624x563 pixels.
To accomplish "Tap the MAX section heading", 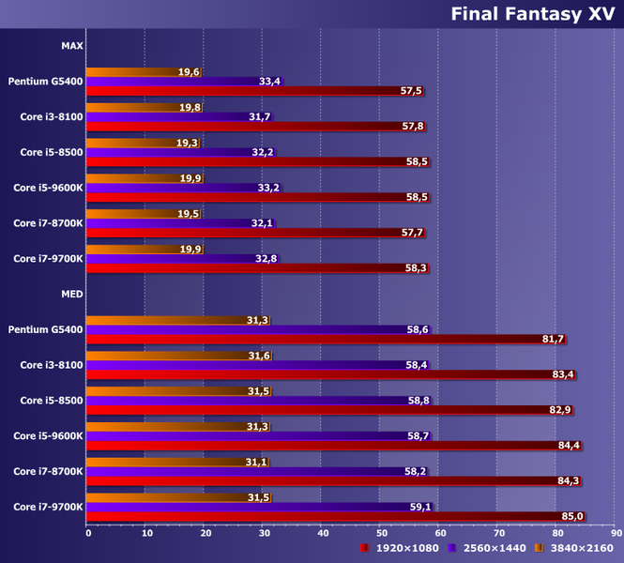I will pyautogui.click(x=71, y=45).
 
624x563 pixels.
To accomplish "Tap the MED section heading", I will pyautogui.click(x=71, y=294).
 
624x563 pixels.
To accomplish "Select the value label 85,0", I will pyautogui.click(x=572, y=516).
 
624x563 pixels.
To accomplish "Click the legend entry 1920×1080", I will pyautogui.click(x=404, y=547).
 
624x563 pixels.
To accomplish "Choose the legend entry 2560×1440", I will pyautogui.click(x=493, y=547).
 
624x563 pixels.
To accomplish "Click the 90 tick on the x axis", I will pyautogui.click(x=616, y=534).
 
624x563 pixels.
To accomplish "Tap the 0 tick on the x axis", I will pyautogui.click(x=88, y=534).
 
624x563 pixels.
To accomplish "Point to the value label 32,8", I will pyautogui.click(x=266, y=258).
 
